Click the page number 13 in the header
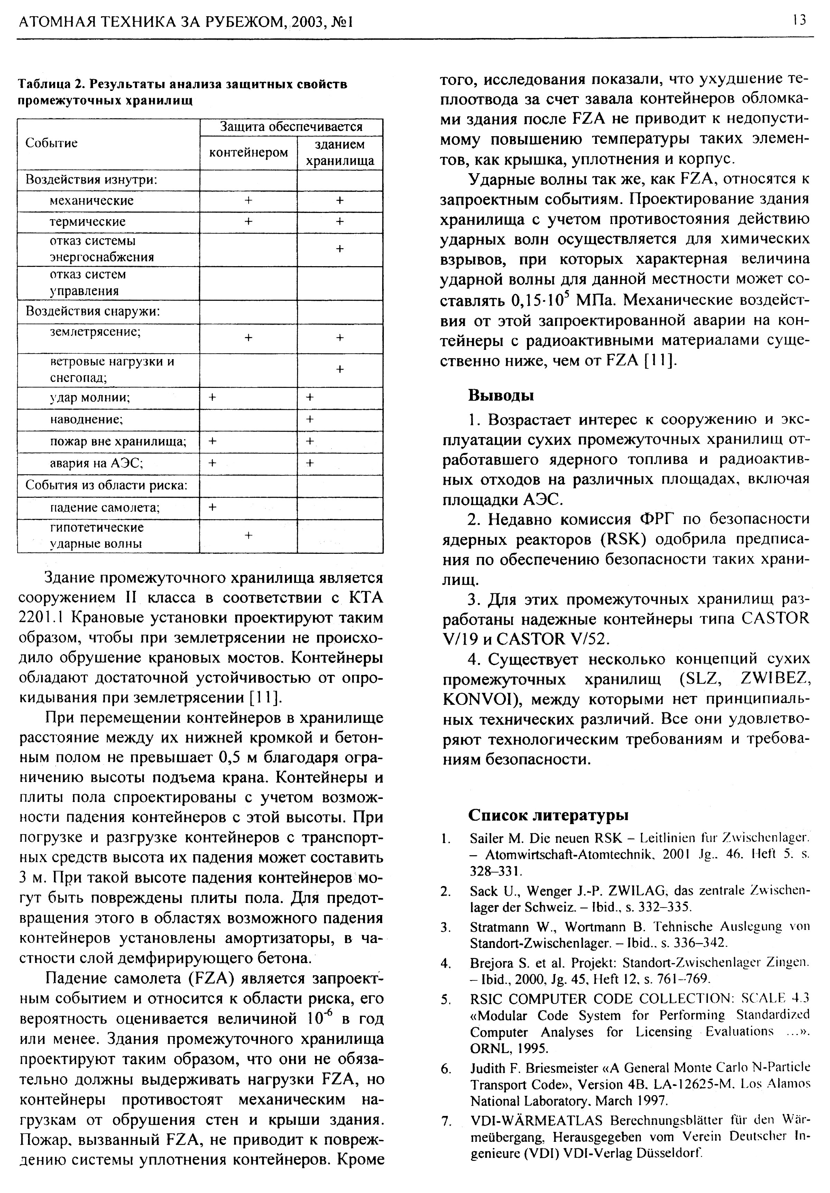(x=799, y=20)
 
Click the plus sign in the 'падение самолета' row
(x=212, y=507)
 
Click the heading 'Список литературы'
(x=548, y=815)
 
